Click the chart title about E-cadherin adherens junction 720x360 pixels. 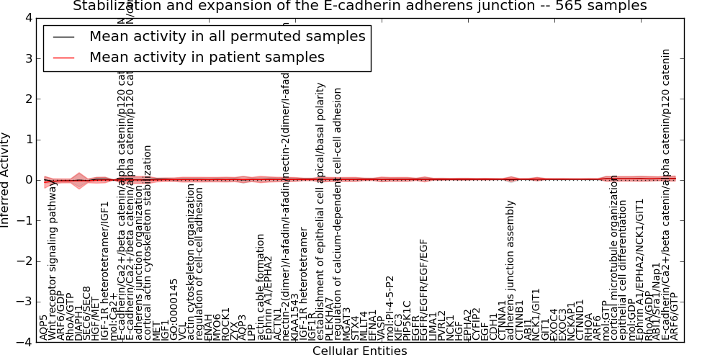pos(359,6)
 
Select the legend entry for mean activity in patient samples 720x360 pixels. pos(207,57)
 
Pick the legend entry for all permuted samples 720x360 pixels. pos(227,36)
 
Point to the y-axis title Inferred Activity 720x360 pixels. pos(6,180)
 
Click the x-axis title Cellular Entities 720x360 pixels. pos(359,351)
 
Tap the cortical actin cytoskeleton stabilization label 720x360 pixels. pos(148,243)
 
